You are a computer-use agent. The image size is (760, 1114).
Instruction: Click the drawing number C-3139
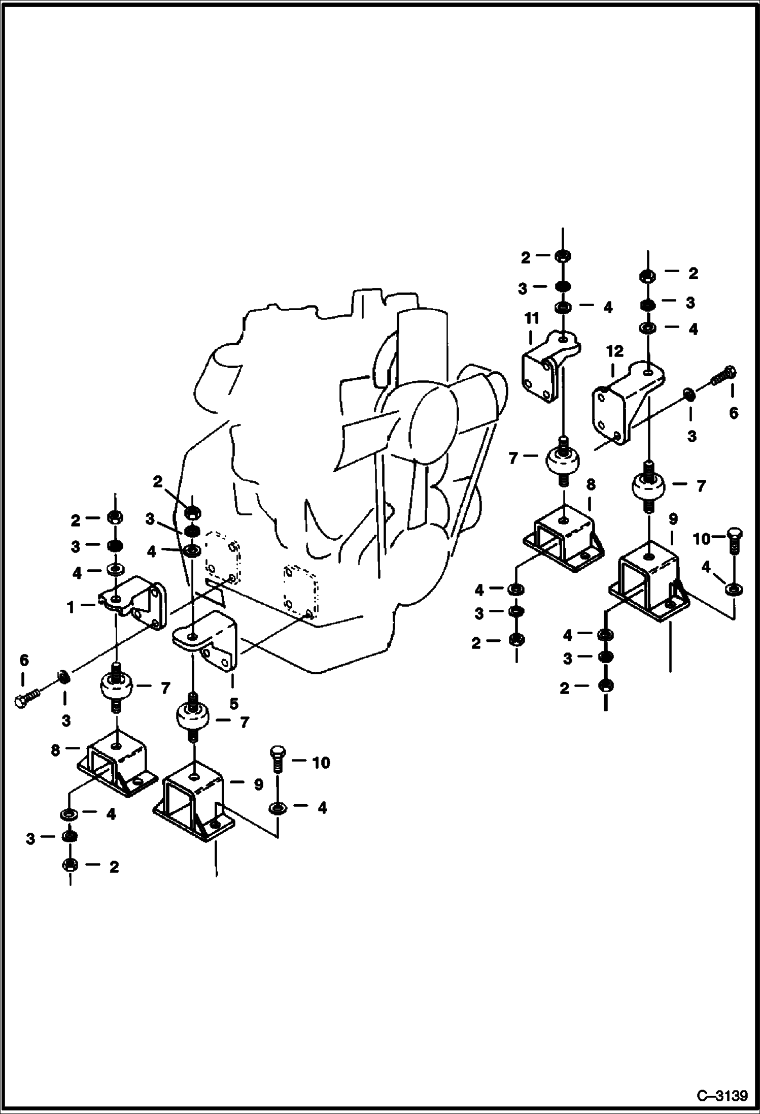721,1095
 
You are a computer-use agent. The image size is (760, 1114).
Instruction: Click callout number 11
531,319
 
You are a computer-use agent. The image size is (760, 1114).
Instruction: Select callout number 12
614,351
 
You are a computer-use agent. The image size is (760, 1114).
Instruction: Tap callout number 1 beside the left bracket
71,606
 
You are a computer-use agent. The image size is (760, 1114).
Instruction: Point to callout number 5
233,703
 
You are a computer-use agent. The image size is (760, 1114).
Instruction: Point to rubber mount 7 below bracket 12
649,484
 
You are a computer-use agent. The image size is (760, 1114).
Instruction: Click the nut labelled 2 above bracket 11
562,257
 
